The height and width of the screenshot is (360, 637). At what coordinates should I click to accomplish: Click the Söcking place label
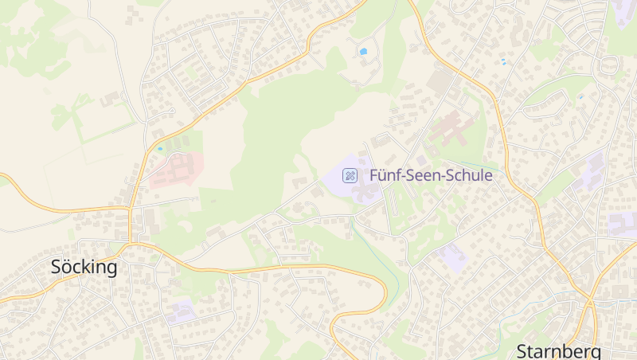click(x=84, y=267)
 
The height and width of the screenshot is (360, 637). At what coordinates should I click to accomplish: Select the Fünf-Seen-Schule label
click(x=431, y=175)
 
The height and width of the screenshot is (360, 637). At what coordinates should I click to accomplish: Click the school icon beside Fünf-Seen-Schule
click(x=350, y=175)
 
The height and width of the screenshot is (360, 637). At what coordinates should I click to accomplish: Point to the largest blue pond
click(x=363, y=51)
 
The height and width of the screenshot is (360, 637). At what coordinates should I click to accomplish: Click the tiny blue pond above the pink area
click(x=160, y=148)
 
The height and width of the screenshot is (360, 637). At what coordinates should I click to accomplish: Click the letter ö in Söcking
click(x=66, y=267)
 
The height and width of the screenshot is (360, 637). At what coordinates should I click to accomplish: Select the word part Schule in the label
click(x=468, y=175)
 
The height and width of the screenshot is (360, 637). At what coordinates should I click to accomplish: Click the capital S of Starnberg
click(x=522, y=350)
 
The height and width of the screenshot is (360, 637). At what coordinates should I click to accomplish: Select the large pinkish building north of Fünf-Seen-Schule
click(x=451, y=127)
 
